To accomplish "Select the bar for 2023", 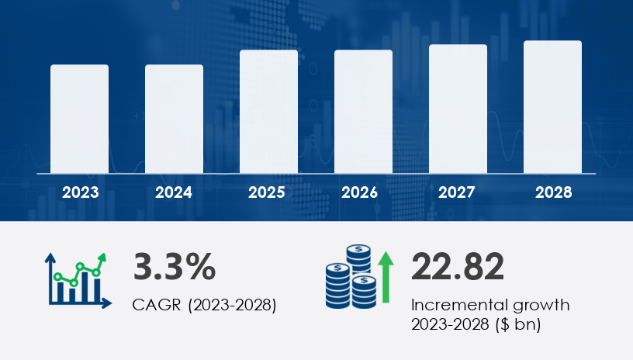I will pyautogui.click(x=80, y=119).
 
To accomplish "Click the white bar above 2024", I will pyautogui.click(x=175, y=119).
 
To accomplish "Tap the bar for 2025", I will pyautogui.click(x=268, y=111).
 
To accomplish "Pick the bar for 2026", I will pyautogui.click(x=363, y=111).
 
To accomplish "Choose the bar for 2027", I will pyautogui.click(x=458, y=109).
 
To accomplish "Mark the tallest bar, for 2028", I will pyautogui.click(x=552, y=107).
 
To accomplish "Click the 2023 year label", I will pyautogui.click(x=80, y=192).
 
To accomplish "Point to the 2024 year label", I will pyautogui.click(x=175, y=192).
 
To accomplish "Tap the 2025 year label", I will pyautogui.click(x=268, y=192).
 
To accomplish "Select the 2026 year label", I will pyautogui.click(x=363, y=192).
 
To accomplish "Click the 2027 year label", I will pyautogui.click(x=458, y=192).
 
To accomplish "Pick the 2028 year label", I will pyautogui.click(x=552, y=192).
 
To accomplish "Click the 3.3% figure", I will pyautogui.click(x=175, y=266).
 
